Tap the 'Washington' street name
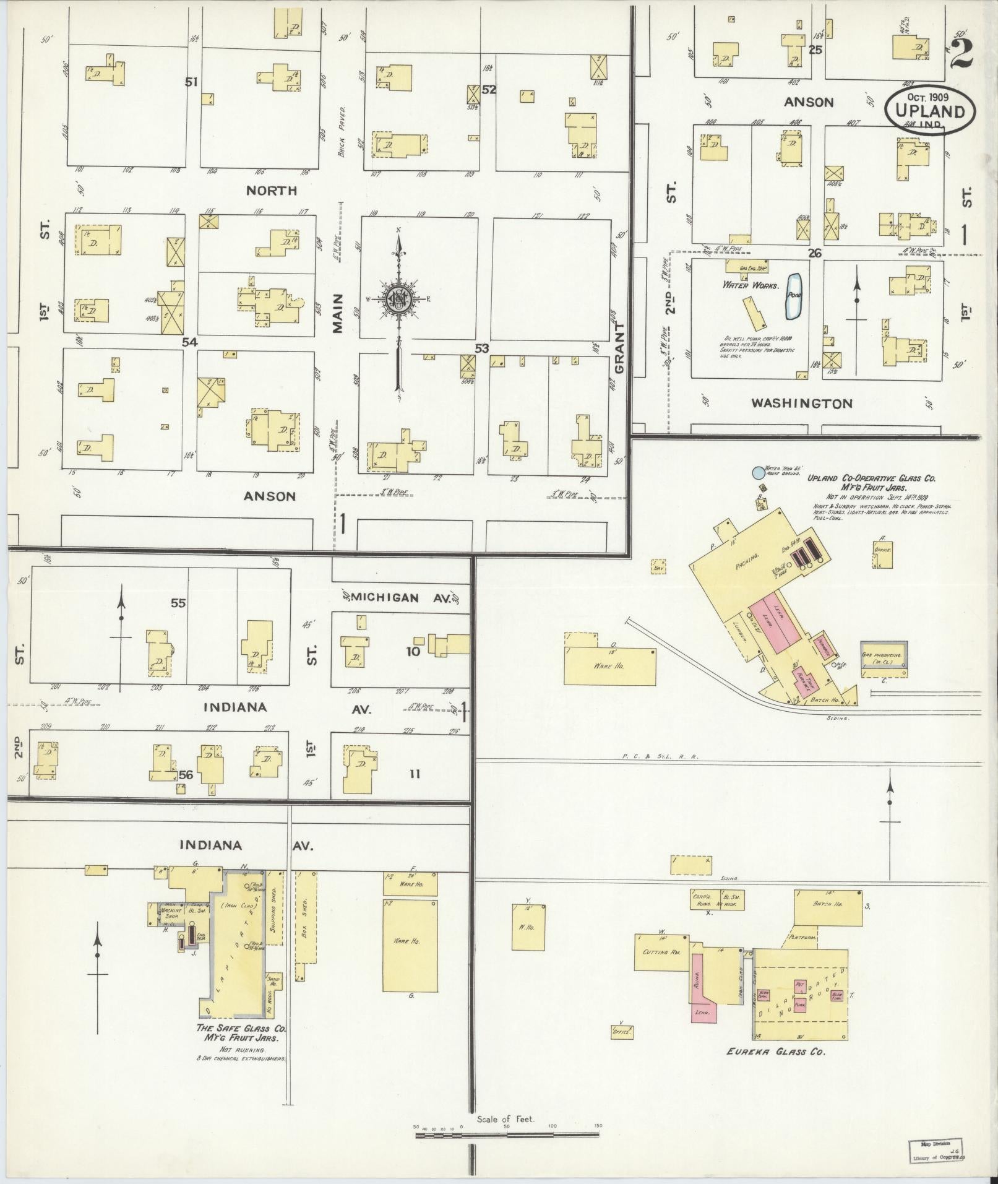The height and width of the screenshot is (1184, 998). [801, 404]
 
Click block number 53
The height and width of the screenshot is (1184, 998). [481, 349]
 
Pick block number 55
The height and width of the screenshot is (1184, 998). [178, 603]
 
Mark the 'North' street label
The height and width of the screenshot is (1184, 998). [272, 190]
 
